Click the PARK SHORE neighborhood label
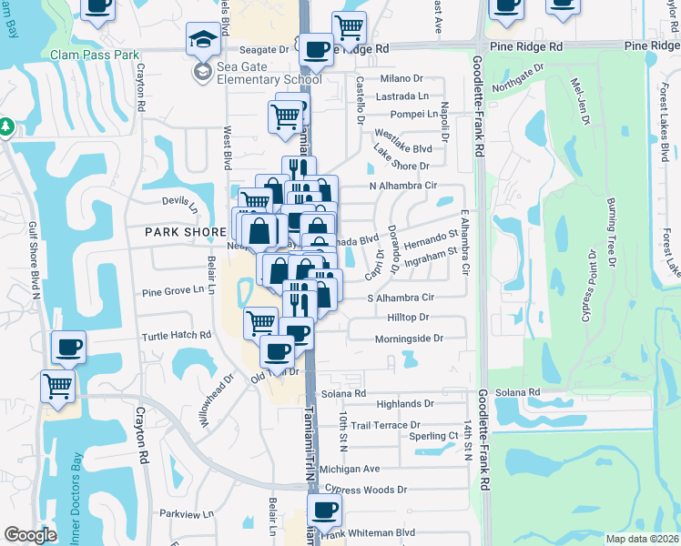tap(186, 232)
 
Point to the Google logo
tap(30, 535)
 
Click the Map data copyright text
tap(642, 539)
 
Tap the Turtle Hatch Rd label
tap(176, 336)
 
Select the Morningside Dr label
tap(409, 339)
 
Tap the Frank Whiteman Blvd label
tap(374, 532)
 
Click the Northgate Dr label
tap(518, 77)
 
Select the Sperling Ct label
tap(433, 436)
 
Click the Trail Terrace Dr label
tap(385, 425)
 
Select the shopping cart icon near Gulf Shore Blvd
tap(57, 387)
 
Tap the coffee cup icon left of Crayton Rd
tap(68, 348)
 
